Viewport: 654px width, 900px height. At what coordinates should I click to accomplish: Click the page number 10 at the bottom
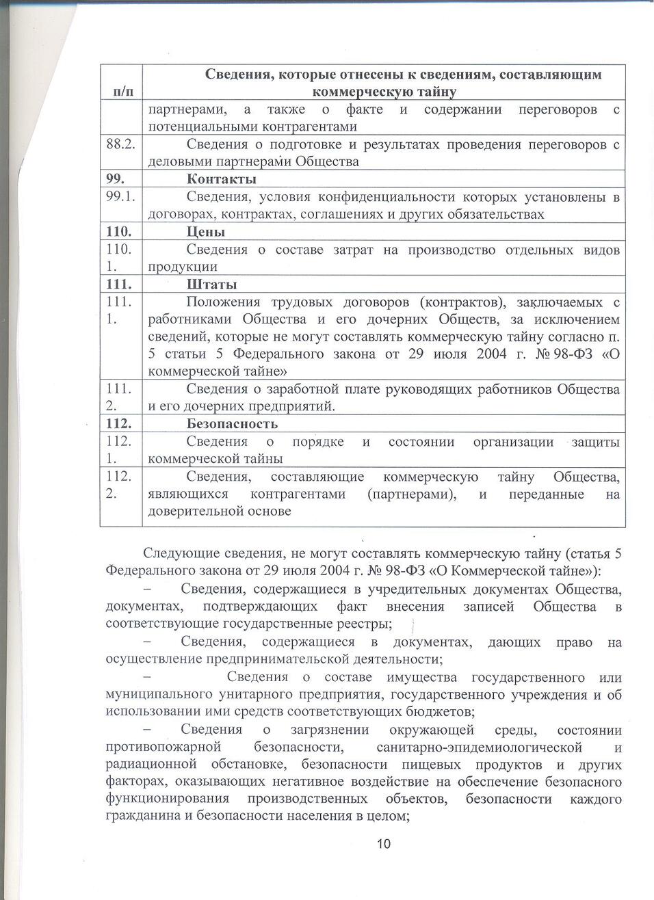382,844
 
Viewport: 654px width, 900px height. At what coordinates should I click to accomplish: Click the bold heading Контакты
222,179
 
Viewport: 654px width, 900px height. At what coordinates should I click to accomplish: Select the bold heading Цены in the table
206,232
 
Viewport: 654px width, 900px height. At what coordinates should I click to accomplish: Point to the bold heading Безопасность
232,424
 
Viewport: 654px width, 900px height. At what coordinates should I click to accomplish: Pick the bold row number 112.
118,424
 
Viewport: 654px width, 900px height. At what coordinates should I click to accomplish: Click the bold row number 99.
114,179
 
